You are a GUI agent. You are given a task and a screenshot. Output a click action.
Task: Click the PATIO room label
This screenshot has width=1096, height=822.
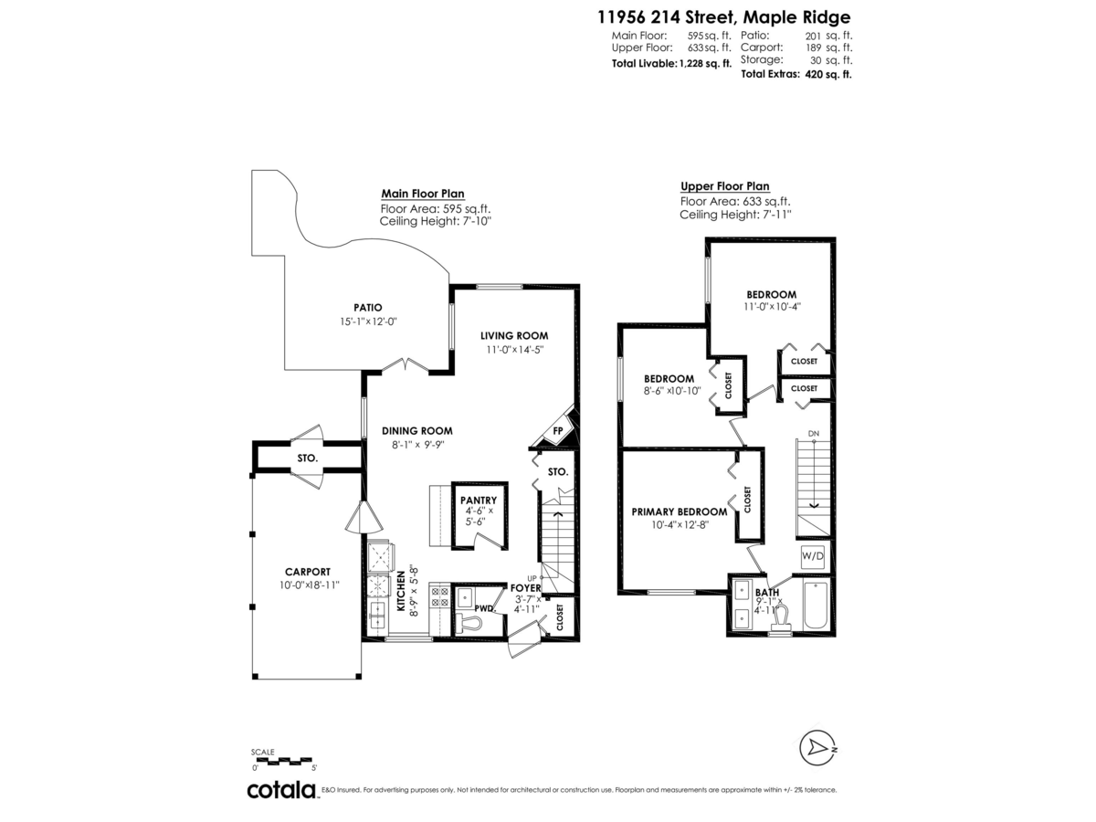pos(368,308)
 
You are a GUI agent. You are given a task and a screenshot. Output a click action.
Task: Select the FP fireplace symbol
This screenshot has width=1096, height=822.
pos(557,431)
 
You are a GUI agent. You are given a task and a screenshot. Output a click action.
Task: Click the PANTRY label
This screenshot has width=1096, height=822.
pos(479,500)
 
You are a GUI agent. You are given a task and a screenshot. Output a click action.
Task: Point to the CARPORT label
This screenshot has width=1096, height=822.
pos(306,572)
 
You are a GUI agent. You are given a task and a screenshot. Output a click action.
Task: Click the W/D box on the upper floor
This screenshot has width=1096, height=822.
pos(813,555)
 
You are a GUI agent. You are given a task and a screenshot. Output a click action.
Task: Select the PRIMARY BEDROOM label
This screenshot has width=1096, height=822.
pos(680,511)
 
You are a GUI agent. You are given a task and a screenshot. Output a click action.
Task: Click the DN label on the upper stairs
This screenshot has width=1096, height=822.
pos(813,433)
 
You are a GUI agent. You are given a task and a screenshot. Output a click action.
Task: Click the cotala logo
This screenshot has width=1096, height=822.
pos(281,790)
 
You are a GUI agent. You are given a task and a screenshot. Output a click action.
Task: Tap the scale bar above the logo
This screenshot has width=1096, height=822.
pos(282,761)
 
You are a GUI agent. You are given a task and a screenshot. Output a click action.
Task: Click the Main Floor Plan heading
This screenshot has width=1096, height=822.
pos(422,194)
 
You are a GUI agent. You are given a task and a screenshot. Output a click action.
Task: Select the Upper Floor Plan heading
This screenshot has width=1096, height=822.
pos(724,185)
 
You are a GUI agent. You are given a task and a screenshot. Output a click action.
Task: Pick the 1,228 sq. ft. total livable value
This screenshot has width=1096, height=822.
pos(705,64)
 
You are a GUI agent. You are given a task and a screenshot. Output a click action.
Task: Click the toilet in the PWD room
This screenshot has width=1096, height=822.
pos(469,622)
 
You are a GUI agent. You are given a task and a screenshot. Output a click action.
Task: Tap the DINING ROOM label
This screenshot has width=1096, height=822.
pos(417,431)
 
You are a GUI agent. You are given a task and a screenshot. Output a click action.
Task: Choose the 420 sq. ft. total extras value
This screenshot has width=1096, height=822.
pos(828,75)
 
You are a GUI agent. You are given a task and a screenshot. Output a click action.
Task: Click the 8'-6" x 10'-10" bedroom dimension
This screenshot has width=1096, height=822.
pos(671,391)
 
